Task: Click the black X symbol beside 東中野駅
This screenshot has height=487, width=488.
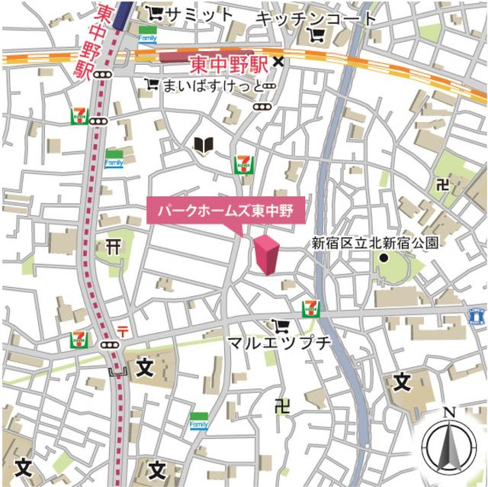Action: [x=279, y=63]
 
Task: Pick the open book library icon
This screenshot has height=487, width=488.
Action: [x=203, y=145]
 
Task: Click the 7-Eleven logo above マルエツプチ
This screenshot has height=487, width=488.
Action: [x=311, y=308]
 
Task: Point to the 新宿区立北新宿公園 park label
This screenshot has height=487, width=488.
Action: [x=375, y=243]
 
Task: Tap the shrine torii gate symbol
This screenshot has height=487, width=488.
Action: [x=115, y=246]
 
